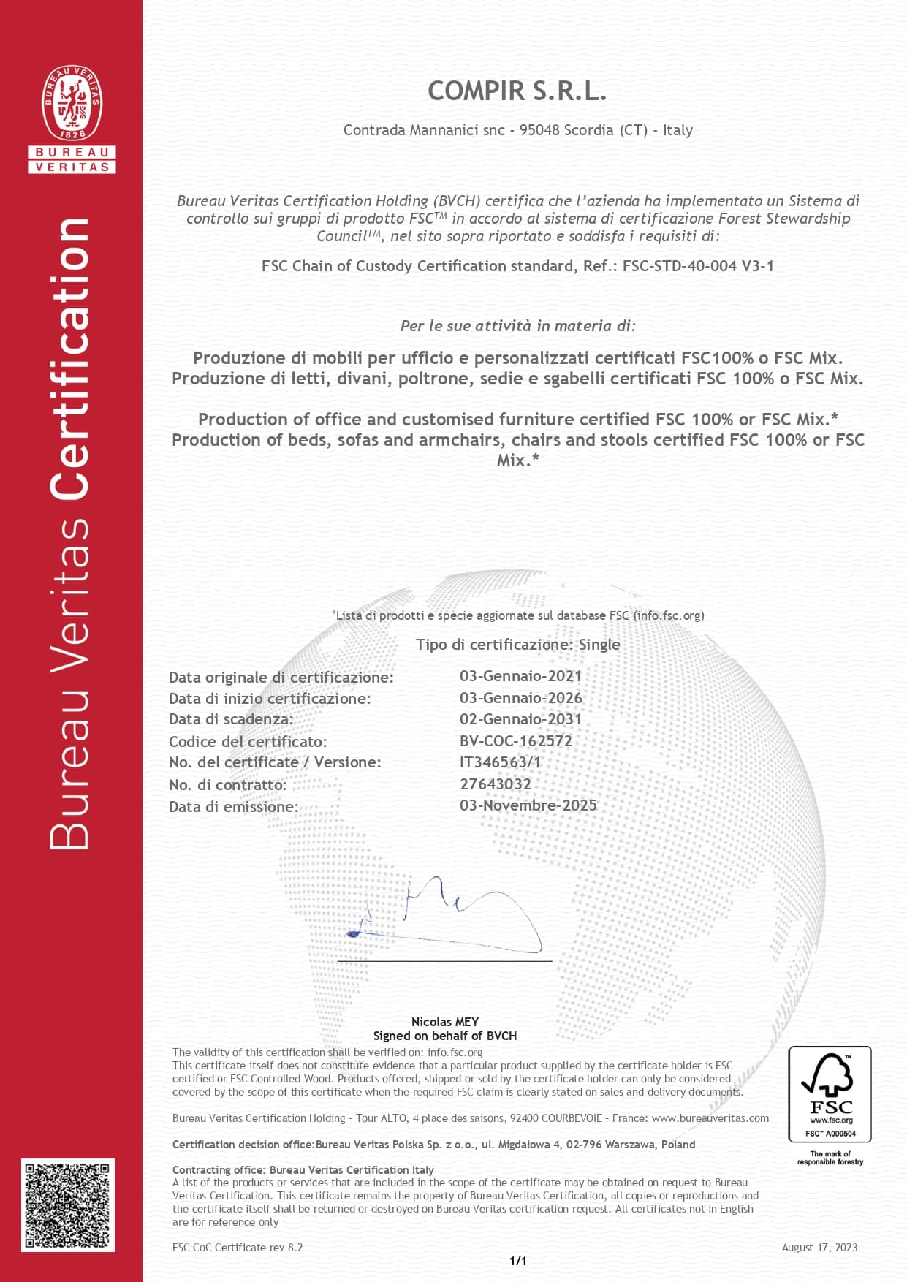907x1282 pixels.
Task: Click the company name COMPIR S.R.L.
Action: pyautogui.click(x=517, y=91)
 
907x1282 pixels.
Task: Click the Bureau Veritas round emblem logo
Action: pyautogui.click(x=72, y=103)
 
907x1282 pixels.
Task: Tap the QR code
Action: pyautogui.click(x=67, y=1205)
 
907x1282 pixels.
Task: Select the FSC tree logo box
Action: pyautogui.click(x=830, y=1093)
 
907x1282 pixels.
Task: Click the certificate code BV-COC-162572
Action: pyautogui.click(x=515, y=740)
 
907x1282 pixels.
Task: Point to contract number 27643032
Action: pyautogui.click(x=495, y=784)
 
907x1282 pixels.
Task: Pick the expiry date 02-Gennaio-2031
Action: pyautogui.click(x=520, y=719)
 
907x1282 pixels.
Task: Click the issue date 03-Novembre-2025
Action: pyautogui.click(x=528, y=805)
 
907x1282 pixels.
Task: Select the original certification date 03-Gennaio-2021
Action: pyautogui.click(x=520, y=676)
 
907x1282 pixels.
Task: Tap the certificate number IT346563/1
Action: pyautogui.click(x=500, y=762)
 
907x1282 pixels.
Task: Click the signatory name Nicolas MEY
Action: pyautogui.click(x=444, y=1022)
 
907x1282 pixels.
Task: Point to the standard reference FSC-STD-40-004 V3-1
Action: pyautogui.click(x=697, y=266)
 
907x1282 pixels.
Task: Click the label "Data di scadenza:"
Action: pyautogui.click(x=231, y=719)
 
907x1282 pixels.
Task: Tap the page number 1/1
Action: pyautogui.click(x=517, y=1261)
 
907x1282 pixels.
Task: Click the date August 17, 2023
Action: pyautogui.click(x=819, y=1248)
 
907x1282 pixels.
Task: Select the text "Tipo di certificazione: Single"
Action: pyautogui.click(x=517, y=645)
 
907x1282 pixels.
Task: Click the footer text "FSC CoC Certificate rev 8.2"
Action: pyautogui.click(x=238, y=1248)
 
